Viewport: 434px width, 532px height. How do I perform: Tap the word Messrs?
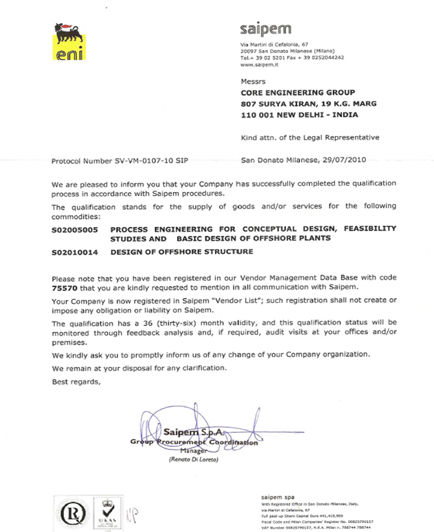251,82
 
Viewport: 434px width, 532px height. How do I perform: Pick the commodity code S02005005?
75,229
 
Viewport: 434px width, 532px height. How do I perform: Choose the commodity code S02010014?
75,252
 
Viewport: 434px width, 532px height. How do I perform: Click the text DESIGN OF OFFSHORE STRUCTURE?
182,252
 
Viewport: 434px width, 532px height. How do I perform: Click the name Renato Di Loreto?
194,459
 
